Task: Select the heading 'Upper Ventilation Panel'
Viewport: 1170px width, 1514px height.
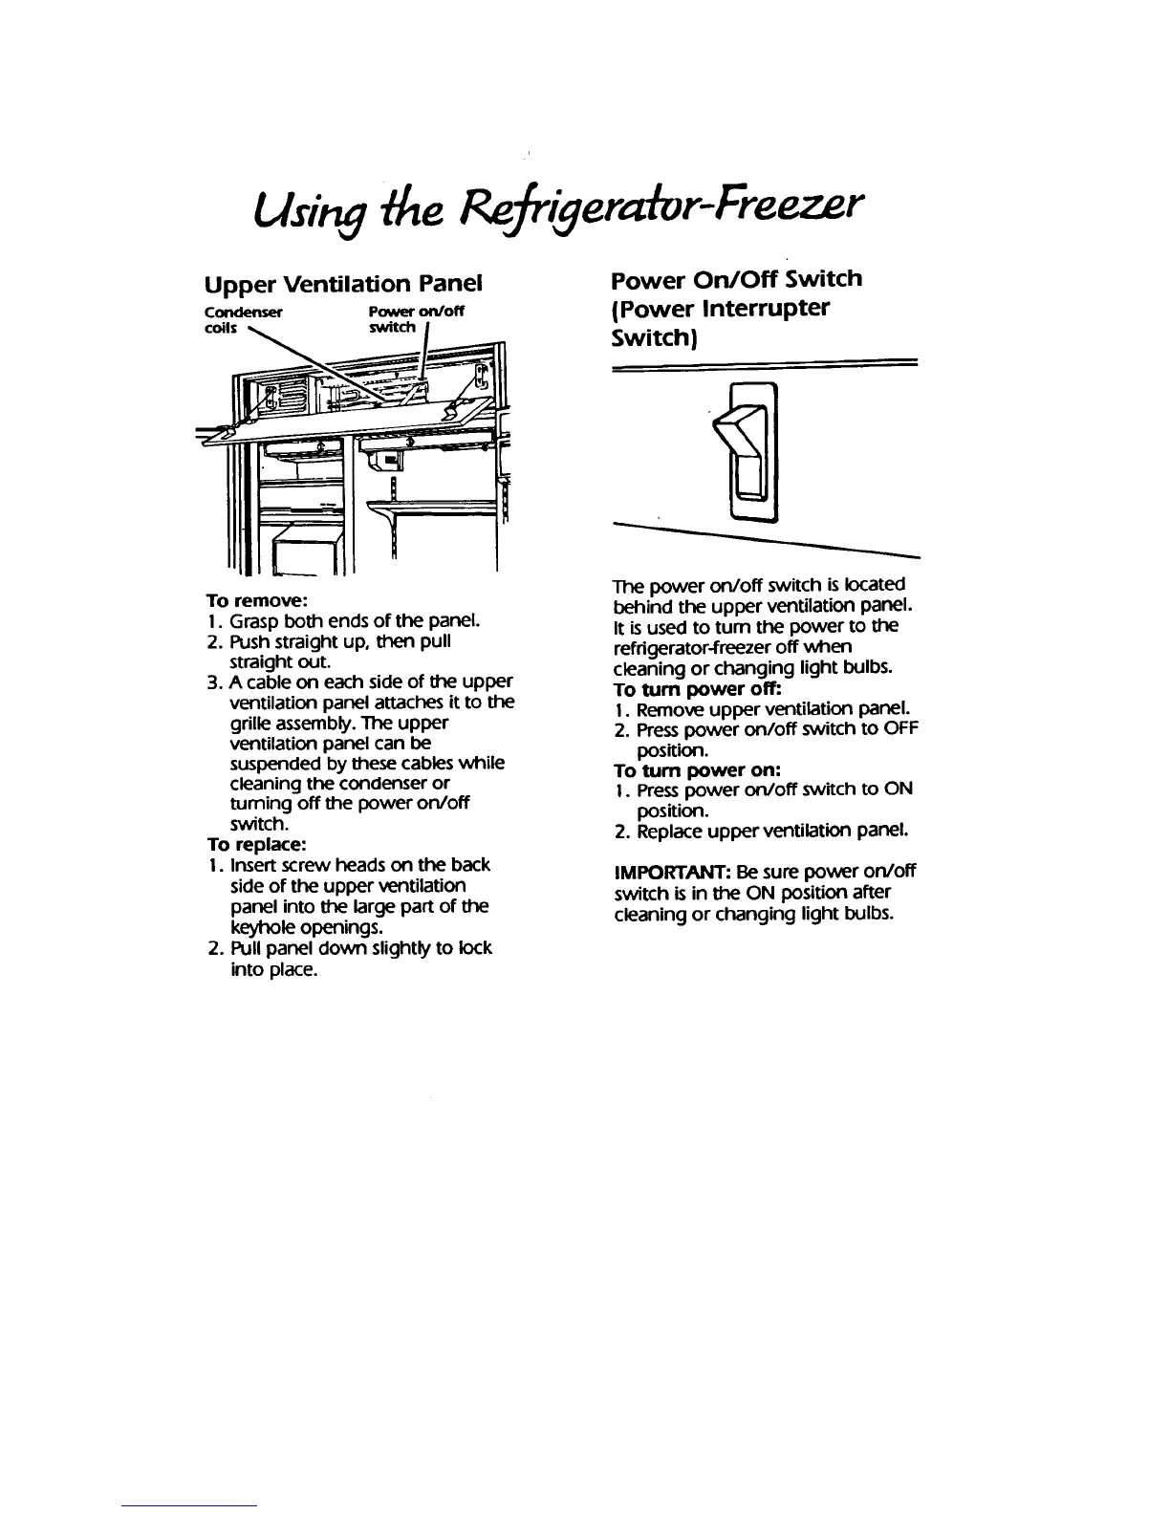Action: (343, 284)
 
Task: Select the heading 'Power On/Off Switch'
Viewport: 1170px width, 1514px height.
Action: (736, 279)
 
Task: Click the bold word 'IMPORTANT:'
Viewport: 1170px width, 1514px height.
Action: (661, 872)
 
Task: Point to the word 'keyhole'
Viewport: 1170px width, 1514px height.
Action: (260, 927)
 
